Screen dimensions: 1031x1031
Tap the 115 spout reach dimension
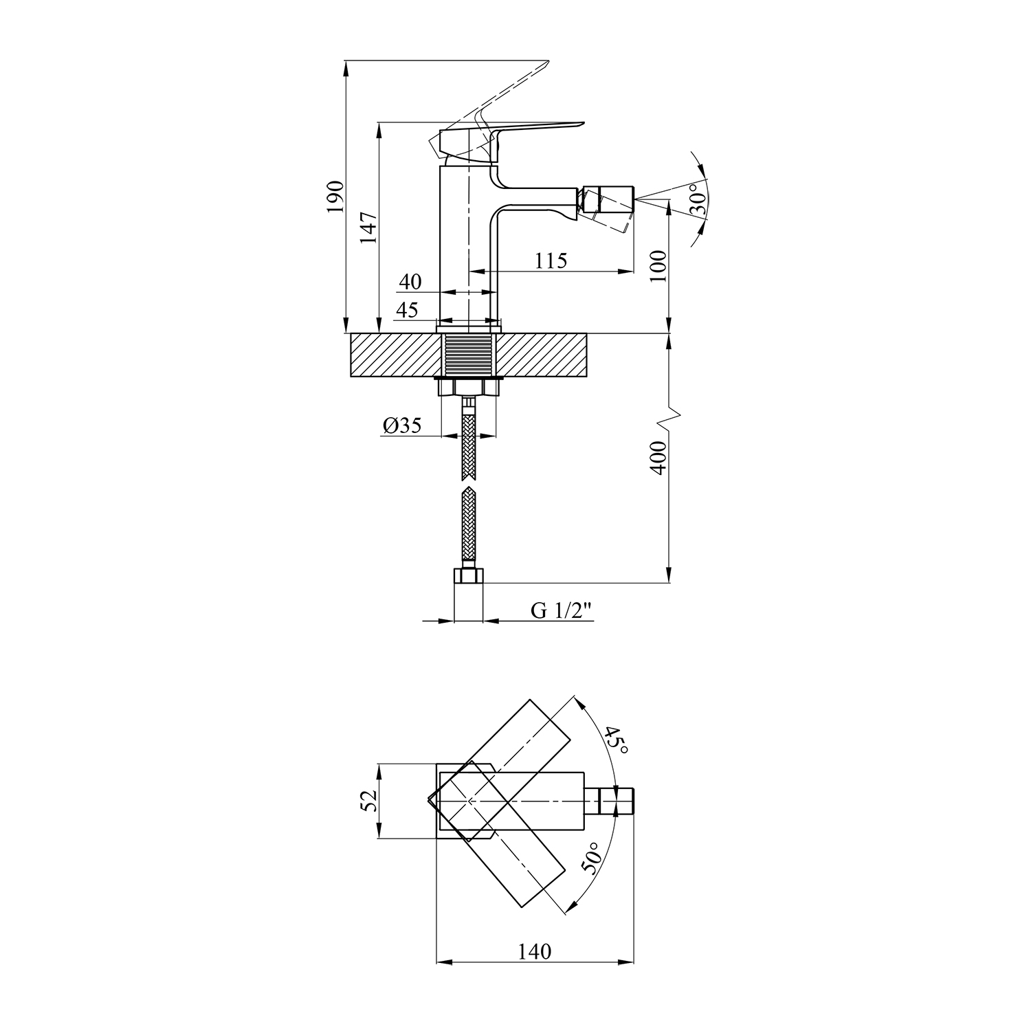[x=551, y=261]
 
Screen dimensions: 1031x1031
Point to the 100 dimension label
[x=658, y=266]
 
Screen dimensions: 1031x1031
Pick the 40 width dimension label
[x=410, y=282]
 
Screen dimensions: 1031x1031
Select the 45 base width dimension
[x=407, y=310]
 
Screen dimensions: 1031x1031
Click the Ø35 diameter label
[x=403, y=426]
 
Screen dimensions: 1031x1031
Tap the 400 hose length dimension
[x=658, y=457]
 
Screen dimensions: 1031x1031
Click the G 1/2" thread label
[x=562, y=611]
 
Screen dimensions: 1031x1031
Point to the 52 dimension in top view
[x=369, y=801]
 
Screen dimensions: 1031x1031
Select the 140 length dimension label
[x=535, y=951]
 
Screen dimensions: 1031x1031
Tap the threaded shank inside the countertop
[x=467, y=355]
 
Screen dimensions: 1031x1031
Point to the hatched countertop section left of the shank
[x=395, y=355]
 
